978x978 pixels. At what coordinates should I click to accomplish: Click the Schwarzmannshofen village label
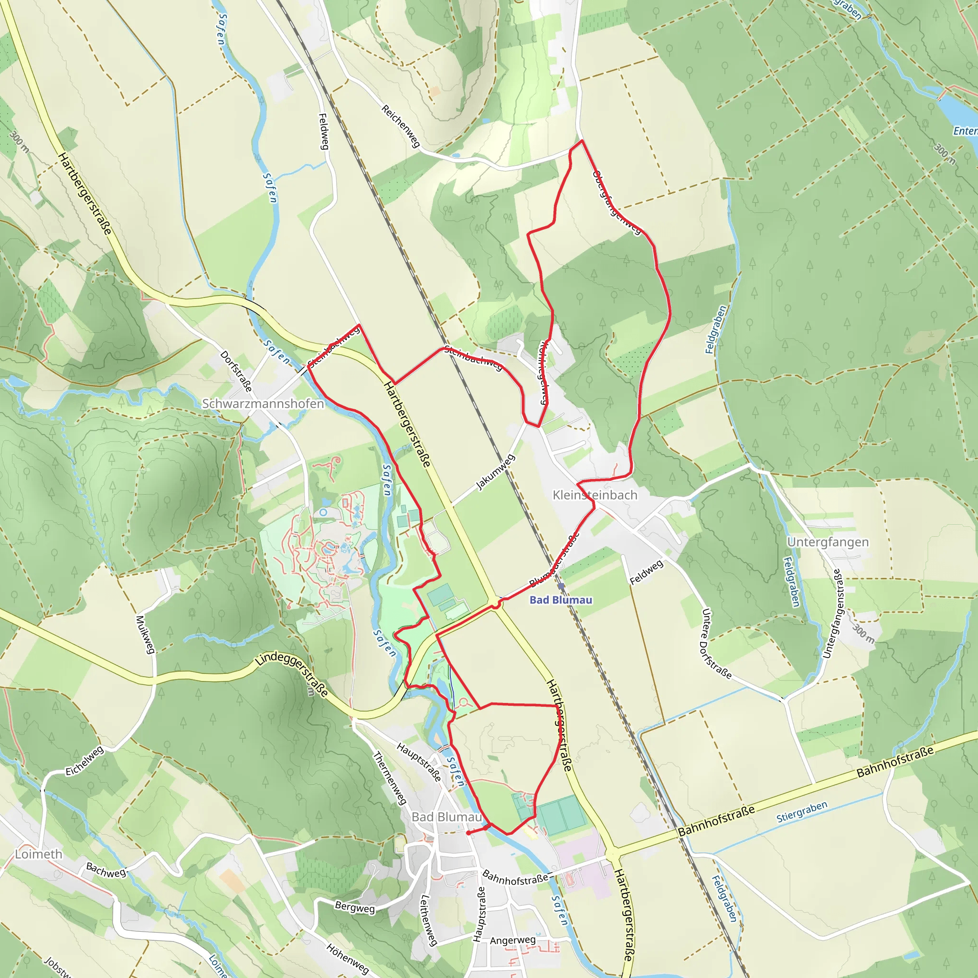263,404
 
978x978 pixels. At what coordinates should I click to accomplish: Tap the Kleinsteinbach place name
595,495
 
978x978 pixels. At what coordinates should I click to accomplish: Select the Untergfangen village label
828,542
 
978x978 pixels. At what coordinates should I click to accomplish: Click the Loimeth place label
39,854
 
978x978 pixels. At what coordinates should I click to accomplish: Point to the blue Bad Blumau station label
560,600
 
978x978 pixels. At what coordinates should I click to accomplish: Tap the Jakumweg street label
496,472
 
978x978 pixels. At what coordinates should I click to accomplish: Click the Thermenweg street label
390,778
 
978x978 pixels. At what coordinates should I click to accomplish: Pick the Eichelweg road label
85,760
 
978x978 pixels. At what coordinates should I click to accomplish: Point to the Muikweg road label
145,634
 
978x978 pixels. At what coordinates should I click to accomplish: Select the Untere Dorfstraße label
716,643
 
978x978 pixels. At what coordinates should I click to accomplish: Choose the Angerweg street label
512,940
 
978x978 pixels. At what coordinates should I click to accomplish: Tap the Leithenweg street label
428,920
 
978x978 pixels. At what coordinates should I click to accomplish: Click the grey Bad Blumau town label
446,817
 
